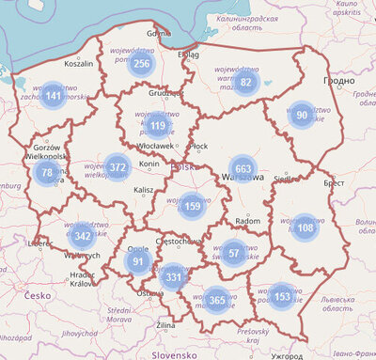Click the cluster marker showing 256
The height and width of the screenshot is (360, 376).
point(141,64)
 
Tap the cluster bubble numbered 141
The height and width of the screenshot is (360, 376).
point(54,96)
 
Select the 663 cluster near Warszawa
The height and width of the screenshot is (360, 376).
point(243,169)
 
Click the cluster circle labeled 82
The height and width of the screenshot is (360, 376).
point(246,83)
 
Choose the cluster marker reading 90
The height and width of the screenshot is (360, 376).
point(302,116)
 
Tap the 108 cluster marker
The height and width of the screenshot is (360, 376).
point(305,227)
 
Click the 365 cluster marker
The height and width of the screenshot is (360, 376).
point(217,300)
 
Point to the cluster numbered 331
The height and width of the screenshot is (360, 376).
point(173,278)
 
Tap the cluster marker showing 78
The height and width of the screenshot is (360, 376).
point(47,173)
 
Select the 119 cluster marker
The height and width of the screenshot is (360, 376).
point(157,126)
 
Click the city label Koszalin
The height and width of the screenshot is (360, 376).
point(78,64)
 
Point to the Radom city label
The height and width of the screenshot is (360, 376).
point(247,222)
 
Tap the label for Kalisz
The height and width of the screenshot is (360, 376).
point(143,190)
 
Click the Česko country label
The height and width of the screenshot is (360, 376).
point(38,295)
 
